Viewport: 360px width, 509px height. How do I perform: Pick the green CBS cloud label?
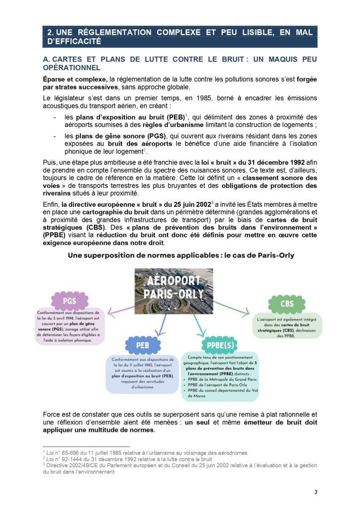(x=287, y=303)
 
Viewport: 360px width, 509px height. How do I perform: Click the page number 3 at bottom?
(x=315, y=492)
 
